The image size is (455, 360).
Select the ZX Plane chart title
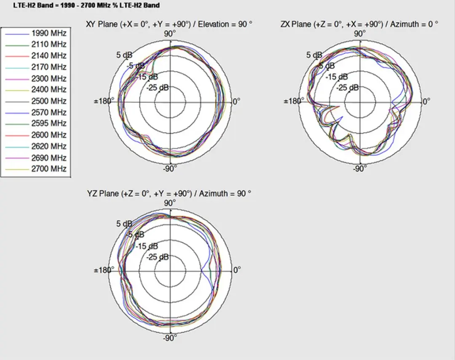pyautogui.click(x=359, y=24)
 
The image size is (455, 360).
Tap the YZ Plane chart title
pyautogui.click(x=169, y=194)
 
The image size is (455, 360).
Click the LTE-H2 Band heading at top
pyautogui.click(x=86, y=5)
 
